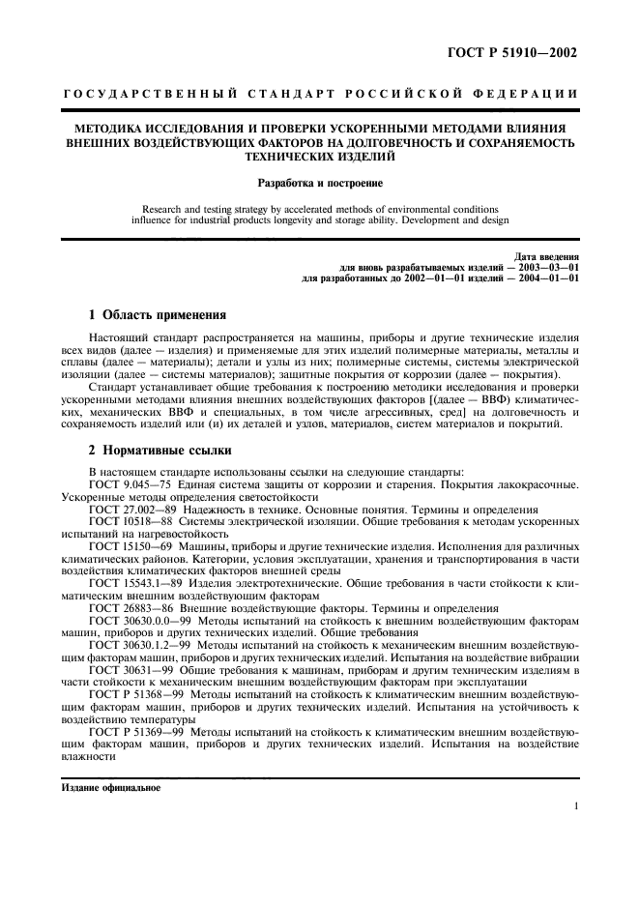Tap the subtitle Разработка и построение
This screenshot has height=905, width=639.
pyautogui.click(x=319, y=182)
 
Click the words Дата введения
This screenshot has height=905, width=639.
pyautogui.click(x=548, y=256)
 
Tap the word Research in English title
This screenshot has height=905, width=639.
pyautogui.click(x=164, y=208)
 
